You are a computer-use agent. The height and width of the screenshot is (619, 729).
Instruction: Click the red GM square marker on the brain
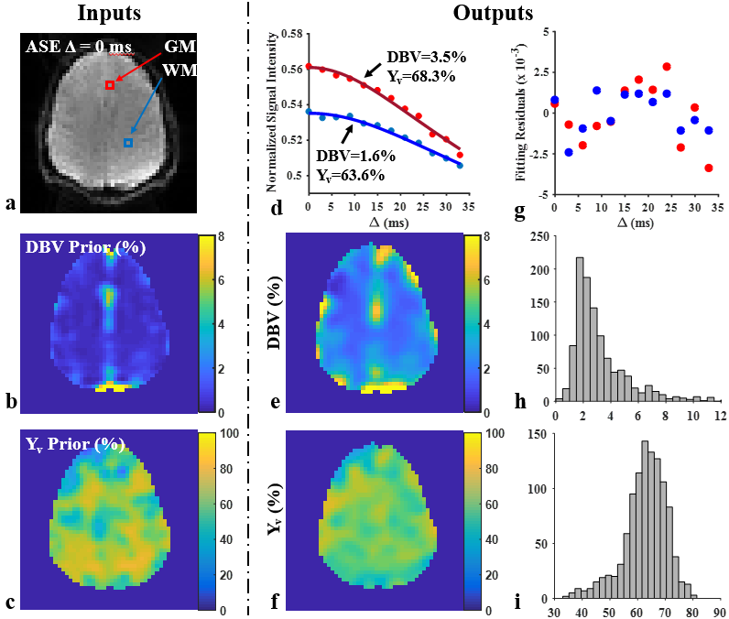coord(110,85)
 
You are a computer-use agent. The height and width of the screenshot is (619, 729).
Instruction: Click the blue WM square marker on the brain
coord(128,143)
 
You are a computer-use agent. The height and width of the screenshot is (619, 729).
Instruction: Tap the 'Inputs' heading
coord(109,13)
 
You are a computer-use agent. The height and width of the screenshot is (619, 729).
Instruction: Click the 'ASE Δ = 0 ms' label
coord(72,46)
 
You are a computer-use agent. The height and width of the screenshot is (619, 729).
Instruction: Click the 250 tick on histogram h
coord(540,235)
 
